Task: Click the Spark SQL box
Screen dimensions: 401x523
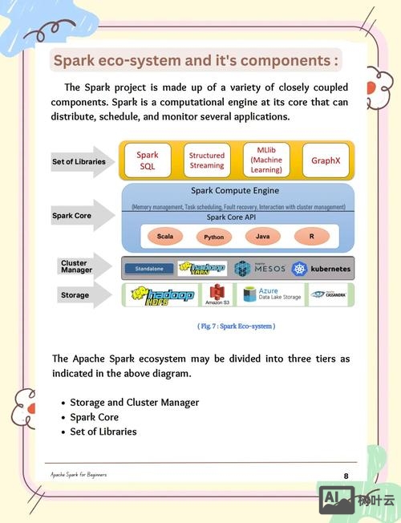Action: tap(148, 160)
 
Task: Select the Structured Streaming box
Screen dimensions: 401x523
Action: tap(207, 160)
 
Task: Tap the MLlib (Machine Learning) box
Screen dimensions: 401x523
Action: tap(265, 160)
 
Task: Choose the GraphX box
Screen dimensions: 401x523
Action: tap(326, 160)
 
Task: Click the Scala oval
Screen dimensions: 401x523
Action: tap(165, 237)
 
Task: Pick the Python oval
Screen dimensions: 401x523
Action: tap(213, 237)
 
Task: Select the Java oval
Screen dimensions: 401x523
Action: tap(262, 237)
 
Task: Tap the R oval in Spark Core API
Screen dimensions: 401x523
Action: tap(310, 237)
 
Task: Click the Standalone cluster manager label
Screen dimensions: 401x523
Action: tap(149, 269)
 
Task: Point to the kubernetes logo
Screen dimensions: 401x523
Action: tap(321, 269)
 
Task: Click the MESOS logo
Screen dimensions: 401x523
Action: tap(260, 269)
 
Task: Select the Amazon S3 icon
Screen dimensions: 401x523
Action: tap(217, 295)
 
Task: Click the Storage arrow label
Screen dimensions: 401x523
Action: tap(75, 295)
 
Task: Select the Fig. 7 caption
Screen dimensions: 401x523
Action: tap(236, 326)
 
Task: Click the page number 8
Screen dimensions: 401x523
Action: tap(346, 476)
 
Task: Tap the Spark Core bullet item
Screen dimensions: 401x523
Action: tap(94, 417)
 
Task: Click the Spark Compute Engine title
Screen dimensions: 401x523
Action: tap(236, 191)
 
